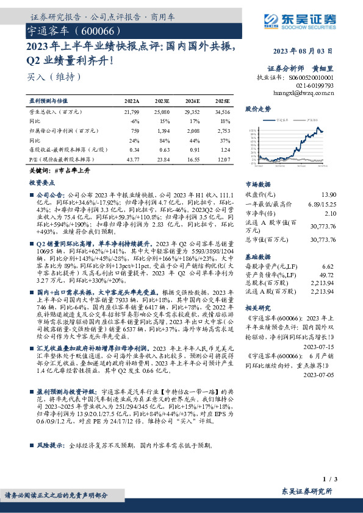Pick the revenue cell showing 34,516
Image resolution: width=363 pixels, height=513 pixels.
(x=223, y=112)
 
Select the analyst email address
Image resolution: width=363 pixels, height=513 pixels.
(x=304, y=94)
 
